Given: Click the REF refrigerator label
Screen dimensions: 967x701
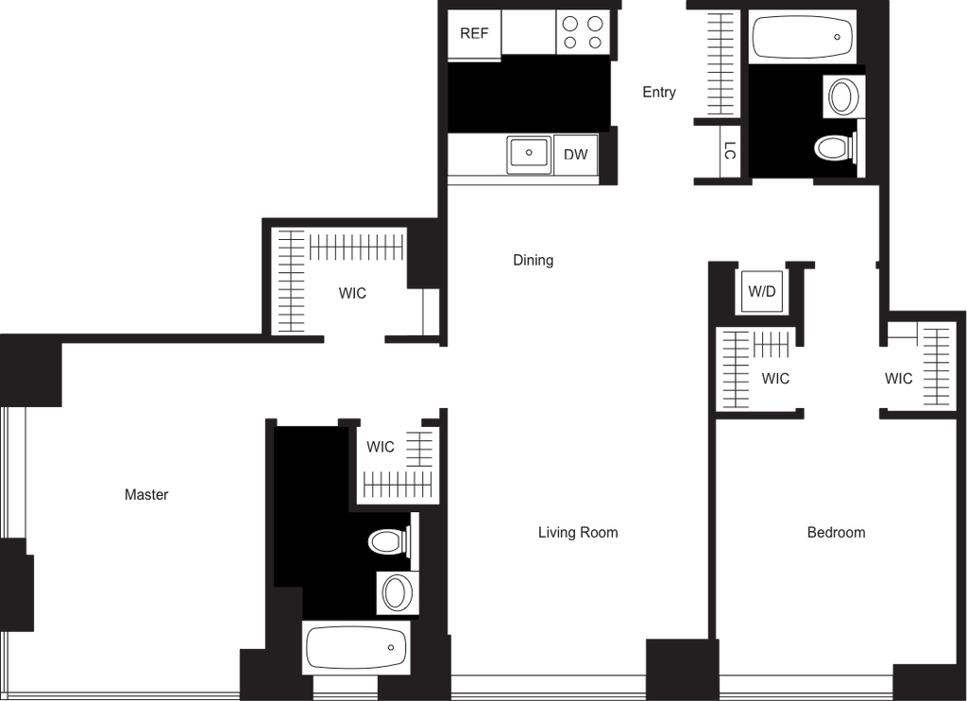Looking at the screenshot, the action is [x=474, y=33].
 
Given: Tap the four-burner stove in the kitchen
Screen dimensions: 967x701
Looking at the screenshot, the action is [x=583, y=32].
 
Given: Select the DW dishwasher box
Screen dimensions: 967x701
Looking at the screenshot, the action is [x=576, y=154].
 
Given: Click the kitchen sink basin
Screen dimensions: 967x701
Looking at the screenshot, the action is [x=529, y=154].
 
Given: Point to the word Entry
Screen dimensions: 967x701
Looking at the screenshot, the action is [x=658, y=92].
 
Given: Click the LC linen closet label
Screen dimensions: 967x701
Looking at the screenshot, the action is [x=730, y=150].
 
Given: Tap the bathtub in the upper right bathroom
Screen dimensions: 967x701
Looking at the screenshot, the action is [x=802, y=37].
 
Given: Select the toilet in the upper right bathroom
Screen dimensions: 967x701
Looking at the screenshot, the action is [x=836, y=148].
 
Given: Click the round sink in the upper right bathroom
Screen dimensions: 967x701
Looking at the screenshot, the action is [x=843, y=96].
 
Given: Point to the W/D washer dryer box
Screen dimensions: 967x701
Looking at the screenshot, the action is [x=762, y=291].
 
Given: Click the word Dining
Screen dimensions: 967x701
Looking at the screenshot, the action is [x=533, y=260].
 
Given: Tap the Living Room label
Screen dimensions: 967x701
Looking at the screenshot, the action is [x=578, y=532].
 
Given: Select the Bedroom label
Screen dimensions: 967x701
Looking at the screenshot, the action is [x=836, y=532].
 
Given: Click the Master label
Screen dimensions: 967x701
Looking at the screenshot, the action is [x=146, y=494].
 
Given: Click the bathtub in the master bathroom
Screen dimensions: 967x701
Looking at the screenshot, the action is [x=356, y=647].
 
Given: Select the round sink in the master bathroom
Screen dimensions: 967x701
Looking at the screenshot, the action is [x=398, y=592].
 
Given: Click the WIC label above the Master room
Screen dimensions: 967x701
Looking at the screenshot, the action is [x=352, y=293].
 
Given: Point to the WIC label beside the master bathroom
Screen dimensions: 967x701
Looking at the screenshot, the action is [x=380, y=447].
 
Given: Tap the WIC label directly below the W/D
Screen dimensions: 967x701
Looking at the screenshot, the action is [x=775, y=378].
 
